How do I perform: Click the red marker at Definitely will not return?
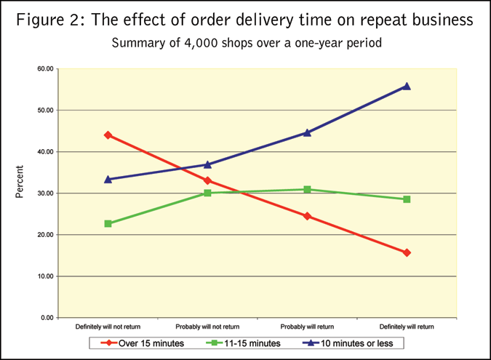coord(108,135)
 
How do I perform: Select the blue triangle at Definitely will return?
coord(407,86)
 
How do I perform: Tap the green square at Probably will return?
coord(307,189)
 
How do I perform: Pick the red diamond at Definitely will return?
coord(407,253)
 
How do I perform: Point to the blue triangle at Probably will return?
coord(307,132)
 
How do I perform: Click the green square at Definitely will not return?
coord(108,223)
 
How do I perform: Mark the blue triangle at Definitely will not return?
coord(108,179)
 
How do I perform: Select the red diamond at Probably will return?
coord(307,216)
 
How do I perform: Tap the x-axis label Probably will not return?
coord(207,327)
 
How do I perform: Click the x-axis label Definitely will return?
coord(407,327)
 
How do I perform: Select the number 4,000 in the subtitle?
coord(196,43)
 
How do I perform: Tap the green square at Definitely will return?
coord(407,199)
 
